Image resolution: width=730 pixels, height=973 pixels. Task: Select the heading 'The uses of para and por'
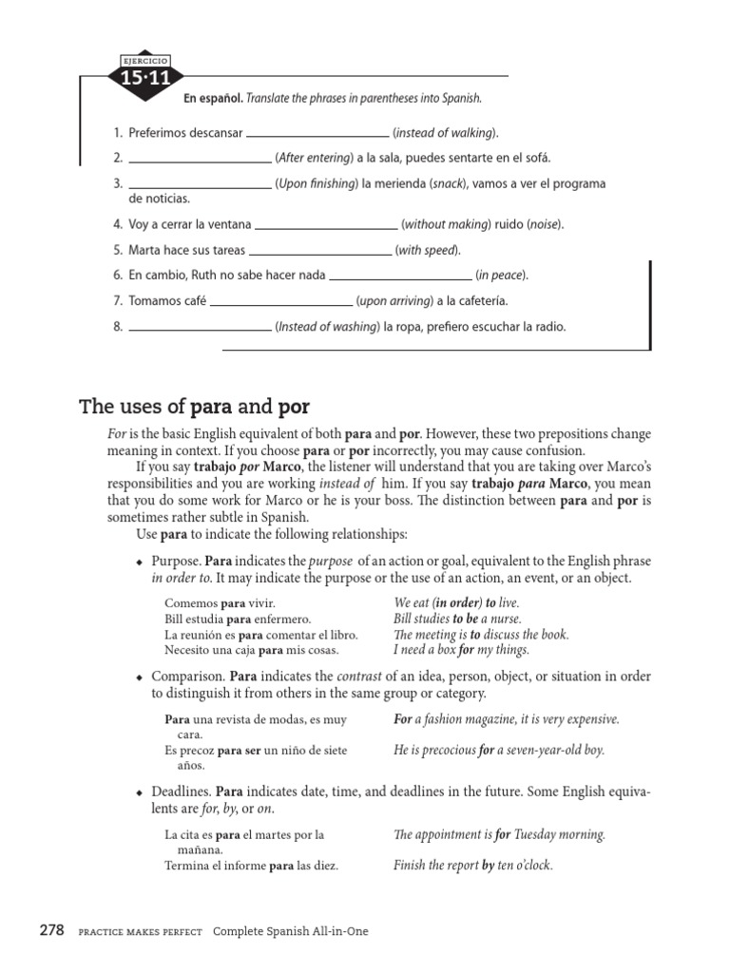click(x=194, y=409)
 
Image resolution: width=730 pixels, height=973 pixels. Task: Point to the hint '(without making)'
click(x=446, y=225)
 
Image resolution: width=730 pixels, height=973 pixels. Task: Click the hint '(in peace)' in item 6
click(x=502, y=276)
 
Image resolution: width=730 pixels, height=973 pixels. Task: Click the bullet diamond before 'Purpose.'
click(x=140, y=563)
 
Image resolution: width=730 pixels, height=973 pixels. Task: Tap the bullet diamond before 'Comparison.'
click(x=140, y=677)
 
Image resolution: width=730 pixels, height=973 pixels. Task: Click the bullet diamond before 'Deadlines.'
click(x=140, y=792)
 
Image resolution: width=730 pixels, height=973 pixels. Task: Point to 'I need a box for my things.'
click(x=461, y=651)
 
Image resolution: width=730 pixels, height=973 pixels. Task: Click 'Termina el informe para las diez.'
click(x=251, y=866)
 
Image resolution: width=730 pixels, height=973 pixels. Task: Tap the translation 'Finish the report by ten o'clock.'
click(x=473, y=866)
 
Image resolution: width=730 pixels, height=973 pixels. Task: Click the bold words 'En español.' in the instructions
click(x=214, y=98)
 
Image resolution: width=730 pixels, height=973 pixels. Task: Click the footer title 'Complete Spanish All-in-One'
click(x=290, y=932)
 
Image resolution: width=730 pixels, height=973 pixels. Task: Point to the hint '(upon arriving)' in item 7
click(x=394, y=301)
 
